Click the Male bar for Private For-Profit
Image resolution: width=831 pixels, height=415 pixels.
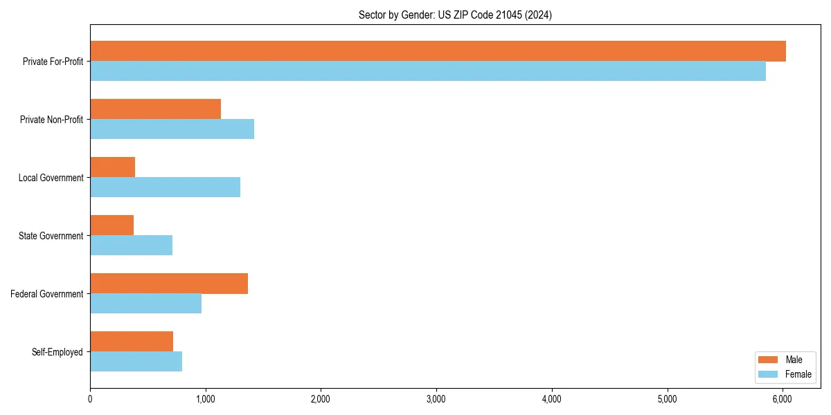(x=438, y=51)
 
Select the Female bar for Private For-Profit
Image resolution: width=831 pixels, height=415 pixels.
(x=428, y=71)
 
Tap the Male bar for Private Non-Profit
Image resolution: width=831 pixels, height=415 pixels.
(x=155, y=109)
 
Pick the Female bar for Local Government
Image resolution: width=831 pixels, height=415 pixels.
(x=165, y=187)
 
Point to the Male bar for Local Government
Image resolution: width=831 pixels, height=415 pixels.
(x=112, y=167)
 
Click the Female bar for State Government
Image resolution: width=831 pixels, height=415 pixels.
(x=131, y=246)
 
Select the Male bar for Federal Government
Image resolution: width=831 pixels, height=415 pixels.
(x=169, y=284)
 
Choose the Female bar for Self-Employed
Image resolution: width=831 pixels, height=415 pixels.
(x=136, y=362)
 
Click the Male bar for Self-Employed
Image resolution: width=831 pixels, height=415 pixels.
(x=132, y=342)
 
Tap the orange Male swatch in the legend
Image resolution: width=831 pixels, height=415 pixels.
(x=769, y=360)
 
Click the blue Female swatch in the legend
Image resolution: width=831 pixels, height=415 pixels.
(x=769, y=374)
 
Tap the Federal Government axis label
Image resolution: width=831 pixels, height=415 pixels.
(x=47, y=294)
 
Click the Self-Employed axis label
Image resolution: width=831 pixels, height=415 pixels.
(x=57, y=352)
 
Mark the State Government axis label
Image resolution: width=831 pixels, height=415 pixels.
(x=51, y=236)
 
